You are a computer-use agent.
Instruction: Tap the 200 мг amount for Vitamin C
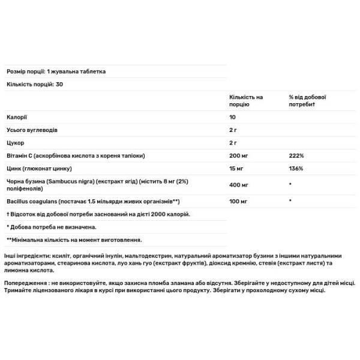pyautogui.click(x=238, y=156)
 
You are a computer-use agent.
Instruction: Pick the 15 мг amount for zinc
pyautogui.click(x=236, y=169)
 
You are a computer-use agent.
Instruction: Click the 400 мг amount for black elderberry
pyautogui.click(x=238, y=185)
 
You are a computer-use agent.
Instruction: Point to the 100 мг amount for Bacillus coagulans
pyautogui.click(x=238, y=201)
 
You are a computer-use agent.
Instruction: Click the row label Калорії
pyautogui.click(x=16, y=117)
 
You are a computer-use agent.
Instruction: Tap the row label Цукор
pyautogui.click(x=15, y=143)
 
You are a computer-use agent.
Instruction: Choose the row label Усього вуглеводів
pyautogui.click(x=32, y=130)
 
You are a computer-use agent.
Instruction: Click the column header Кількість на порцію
pyautogui.click(x=245, y=100)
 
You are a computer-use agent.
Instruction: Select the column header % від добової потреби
pyautogui.click(x=311, y=100)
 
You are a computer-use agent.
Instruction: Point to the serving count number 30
pyautogui.click(x=59, y=84)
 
